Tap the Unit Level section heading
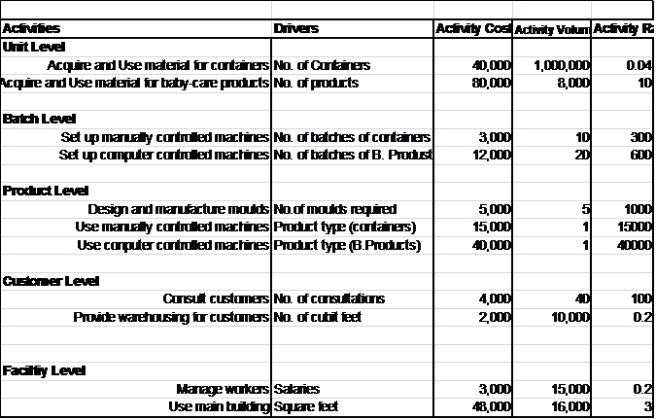point(34,47)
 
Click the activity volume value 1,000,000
point(562,65)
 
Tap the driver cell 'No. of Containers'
point(322,65)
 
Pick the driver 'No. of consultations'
point(328,298)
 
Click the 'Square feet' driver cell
point(306,406)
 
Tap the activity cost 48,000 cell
point(491,406)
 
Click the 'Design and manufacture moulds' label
point(178,209)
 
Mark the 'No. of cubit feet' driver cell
point(323,317)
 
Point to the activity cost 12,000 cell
point(491,155)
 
